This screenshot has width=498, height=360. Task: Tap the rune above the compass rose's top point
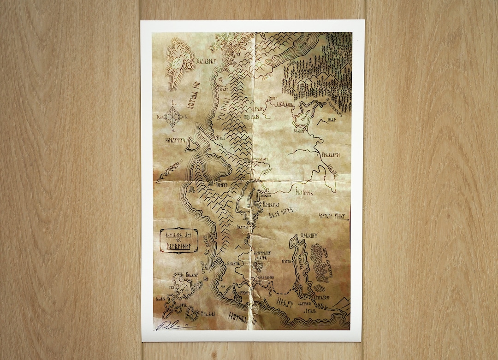(173, 102)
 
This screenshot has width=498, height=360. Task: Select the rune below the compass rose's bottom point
(173, 131)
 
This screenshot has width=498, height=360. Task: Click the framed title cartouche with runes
(179, 240)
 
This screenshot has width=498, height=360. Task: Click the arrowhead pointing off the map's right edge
(348, 215)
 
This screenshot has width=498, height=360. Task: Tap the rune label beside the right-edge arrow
(331, 215)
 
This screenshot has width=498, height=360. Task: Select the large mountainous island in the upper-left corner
(180, 65)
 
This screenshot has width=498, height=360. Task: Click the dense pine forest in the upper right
(318, 69)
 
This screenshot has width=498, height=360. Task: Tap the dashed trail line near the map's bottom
(281, 292)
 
